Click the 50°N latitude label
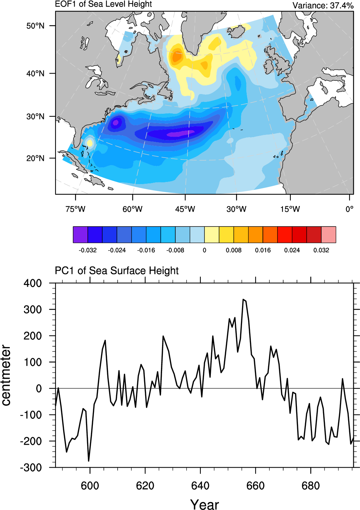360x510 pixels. point(35,26)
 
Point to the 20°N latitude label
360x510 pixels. point(35,158)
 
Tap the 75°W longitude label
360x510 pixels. point(75,209)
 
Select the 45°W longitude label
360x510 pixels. point(185,209)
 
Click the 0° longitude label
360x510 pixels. point(349,209)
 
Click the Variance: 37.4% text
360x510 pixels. point(323,5)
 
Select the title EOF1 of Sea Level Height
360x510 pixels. point(103,4)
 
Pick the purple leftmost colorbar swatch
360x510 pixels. point(80,235)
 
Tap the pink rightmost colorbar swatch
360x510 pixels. point(328,235)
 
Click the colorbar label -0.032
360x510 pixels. point(87,250)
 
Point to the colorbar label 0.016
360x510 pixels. point(263,250)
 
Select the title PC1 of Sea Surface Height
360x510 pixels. point(117,271)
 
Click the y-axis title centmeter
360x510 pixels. point(6,375)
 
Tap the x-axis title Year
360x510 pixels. point(204,504)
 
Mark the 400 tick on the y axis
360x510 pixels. point(33,283)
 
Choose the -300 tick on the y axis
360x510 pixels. point(31,468)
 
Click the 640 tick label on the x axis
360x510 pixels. point(200,486)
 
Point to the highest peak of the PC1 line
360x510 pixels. point(243,299)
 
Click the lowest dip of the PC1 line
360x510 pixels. point(89,461)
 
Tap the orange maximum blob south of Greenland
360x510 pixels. point(177,57)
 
